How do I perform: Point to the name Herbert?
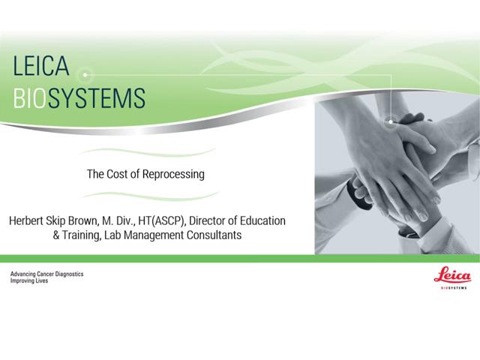[x=29, y=222]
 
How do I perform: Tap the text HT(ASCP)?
[x=171, y=222]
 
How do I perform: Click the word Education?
[x=262, y=222]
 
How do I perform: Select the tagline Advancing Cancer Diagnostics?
[x=46, y=274]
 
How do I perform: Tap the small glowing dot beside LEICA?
[x=86, y=74]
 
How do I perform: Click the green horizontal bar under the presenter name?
[x=240, y=259]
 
